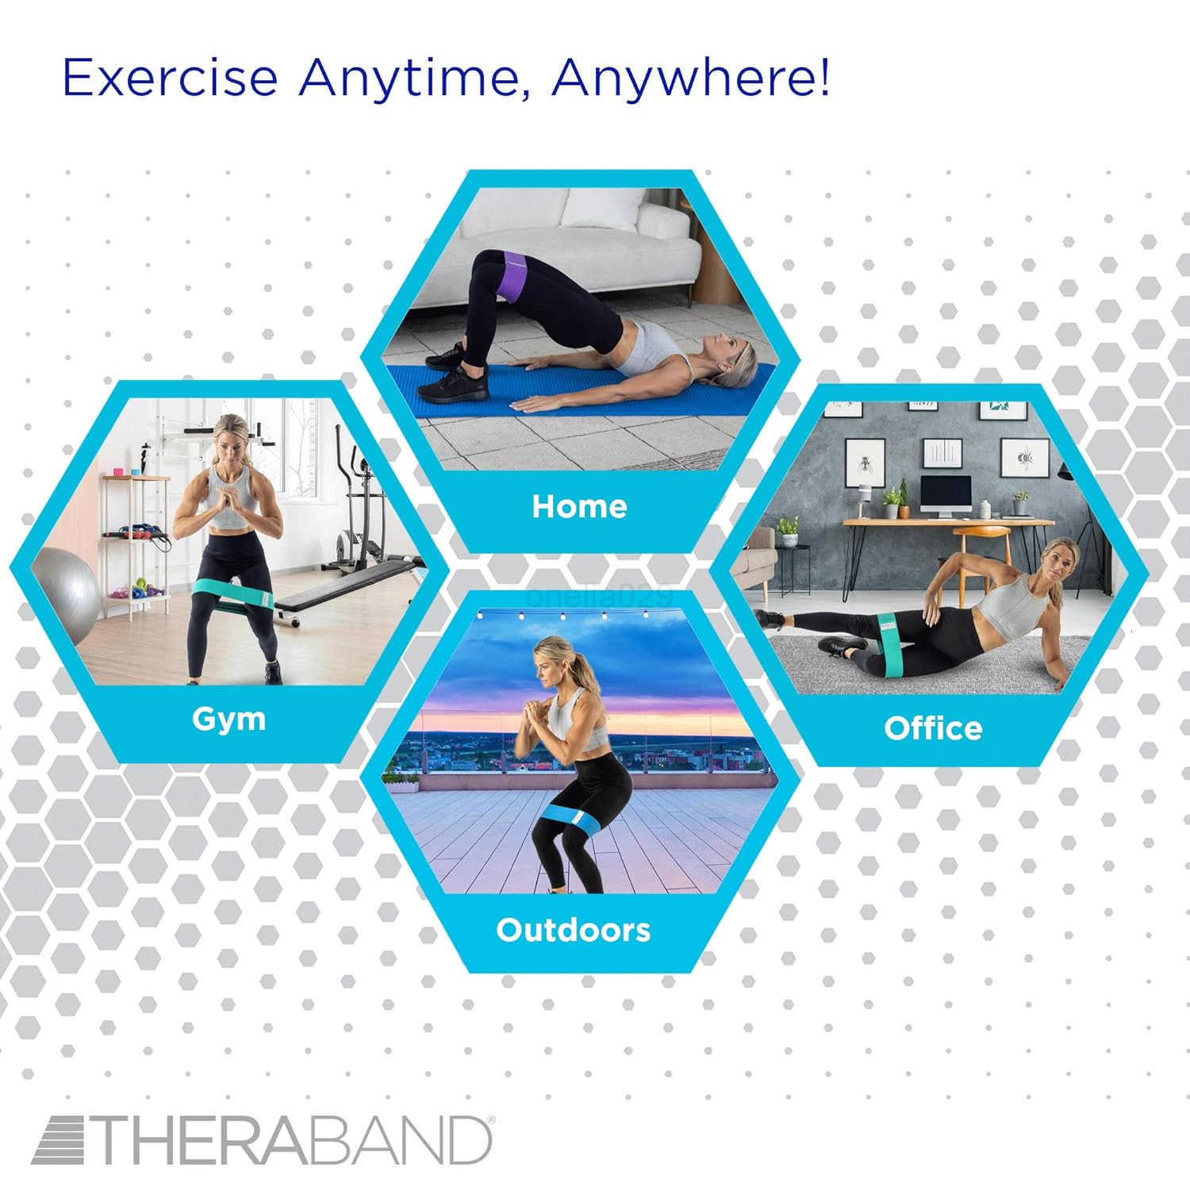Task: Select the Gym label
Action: [x=228, y=719]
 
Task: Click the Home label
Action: [x=579, y=506]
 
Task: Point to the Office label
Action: [x=933, y=728]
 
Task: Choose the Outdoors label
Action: [x=573, y=930]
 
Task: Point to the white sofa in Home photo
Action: [x=555, y=246]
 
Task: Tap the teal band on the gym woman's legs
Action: [x=230, y=591]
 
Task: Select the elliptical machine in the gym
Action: [x=357, y=508]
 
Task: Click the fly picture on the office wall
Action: [x=863, y=462]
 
